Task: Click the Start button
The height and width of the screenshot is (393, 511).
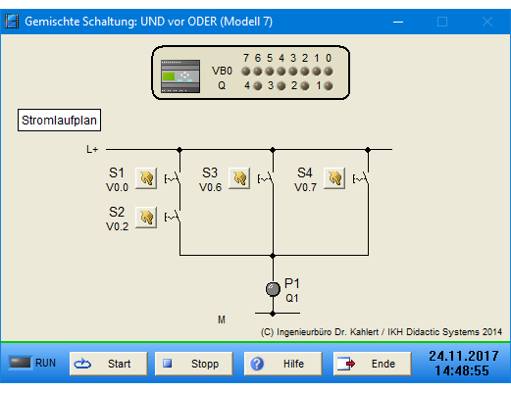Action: point(109,364)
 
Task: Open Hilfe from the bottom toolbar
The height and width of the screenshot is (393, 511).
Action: point(283,364)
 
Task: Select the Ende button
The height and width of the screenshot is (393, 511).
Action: point(373,364)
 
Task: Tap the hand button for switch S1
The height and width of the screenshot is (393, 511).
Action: point(146,178)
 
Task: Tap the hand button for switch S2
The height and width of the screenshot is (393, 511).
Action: point(146,218)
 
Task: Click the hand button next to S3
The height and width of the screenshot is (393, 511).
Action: point(239,178)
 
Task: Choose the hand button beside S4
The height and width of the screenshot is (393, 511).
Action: point(334,178)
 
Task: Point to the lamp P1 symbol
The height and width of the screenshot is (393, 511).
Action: point(273,289)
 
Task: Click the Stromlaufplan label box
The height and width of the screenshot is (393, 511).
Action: point(59,121)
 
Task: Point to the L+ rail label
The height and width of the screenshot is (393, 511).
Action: point(92,150)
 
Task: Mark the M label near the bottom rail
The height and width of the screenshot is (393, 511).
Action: point(222,319)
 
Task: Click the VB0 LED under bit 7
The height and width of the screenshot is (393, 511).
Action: point(246,72)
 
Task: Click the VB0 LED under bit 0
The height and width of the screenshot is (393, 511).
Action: point(329,72)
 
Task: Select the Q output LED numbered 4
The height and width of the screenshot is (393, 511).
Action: point(258,86)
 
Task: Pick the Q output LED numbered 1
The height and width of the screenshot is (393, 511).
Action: point(329,86)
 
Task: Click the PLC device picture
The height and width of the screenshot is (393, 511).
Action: point(180,76)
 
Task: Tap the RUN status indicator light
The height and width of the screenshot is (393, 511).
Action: point(20,363)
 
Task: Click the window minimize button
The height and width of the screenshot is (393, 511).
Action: point(398,22)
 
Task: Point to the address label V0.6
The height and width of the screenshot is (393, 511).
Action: point(210,187)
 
